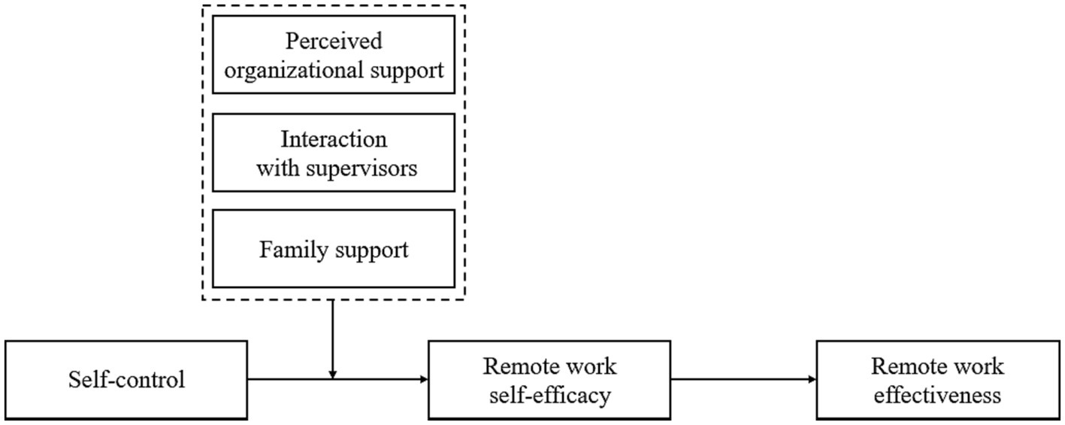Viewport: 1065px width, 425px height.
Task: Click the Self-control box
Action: tap(126, 380)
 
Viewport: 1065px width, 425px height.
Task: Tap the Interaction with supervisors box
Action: tap(334, 153)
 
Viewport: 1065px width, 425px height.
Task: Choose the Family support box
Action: tap(334, 249)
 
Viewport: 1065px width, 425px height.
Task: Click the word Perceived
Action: tap(334, 42)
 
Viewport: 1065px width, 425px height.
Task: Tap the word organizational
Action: tap(301, 71)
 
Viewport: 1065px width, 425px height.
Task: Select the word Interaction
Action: tap(334, 139)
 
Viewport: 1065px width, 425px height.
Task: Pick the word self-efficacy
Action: tap(549, 394)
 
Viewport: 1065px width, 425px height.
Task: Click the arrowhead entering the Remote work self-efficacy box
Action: tap(424, 380)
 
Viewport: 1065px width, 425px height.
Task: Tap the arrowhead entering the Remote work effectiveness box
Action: tap(812, 380)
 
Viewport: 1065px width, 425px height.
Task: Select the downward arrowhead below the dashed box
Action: tap(333, 375)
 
